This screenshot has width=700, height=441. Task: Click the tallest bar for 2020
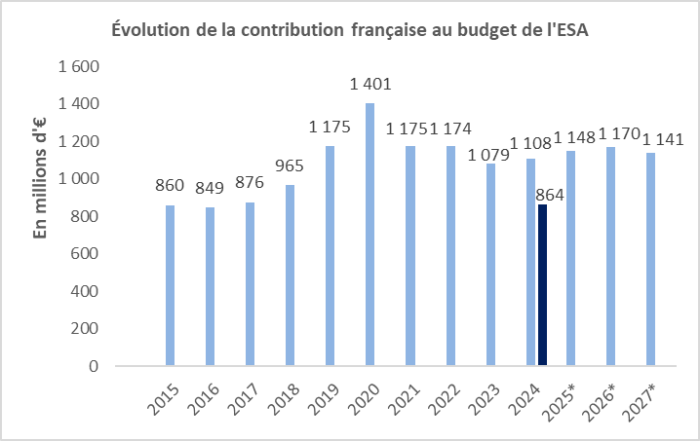(x=370, y=235)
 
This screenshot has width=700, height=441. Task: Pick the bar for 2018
(x=290, y=276)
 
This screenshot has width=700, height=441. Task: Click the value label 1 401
(x=370, y=85)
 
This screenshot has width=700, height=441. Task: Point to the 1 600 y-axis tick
(x=80, y=66)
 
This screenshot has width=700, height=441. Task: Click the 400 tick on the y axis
(x=86, y=291)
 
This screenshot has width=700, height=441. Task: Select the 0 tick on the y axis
(x=95, y=366)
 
